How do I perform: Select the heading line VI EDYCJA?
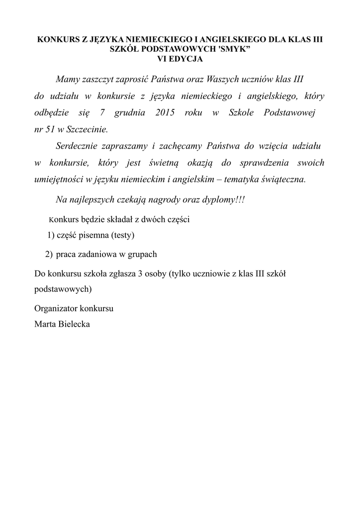(x=180, y=59)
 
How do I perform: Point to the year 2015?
(x=165, y=113)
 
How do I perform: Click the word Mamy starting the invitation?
(x=67, y=80)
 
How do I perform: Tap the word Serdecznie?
(x=75, y=146)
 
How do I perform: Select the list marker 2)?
(x=48, y=254)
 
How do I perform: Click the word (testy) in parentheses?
(x=123, y=235)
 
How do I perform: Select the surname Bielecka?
(x=74, y=324)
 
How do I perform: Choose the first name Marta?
(x=44, y=324)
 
